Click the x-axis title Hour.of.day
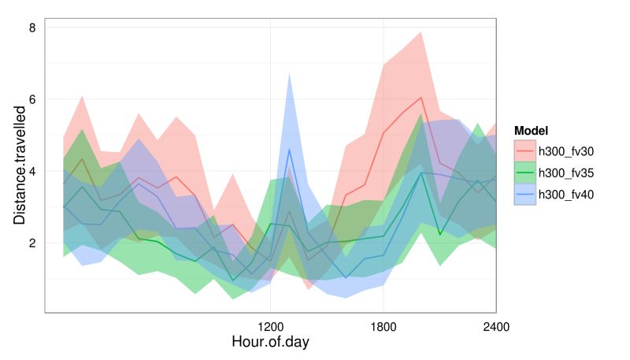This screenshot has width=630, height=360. click(270, 343)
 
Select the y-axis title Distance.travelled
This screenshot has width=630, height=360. click(19, 169)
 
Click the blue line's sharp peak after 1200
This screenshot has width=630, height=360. click(289, 149)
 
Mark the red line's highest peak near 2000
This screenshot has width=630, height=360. click(421, 98)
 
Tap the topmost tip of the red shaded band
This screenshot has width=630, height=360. click(421, 32)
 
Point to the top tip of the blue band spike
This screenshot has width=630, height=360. click(289, 72)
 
